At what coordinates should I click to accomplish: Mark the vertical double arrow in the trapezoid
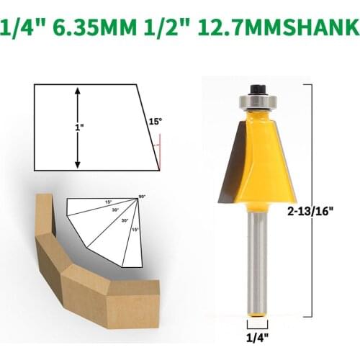77,127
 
